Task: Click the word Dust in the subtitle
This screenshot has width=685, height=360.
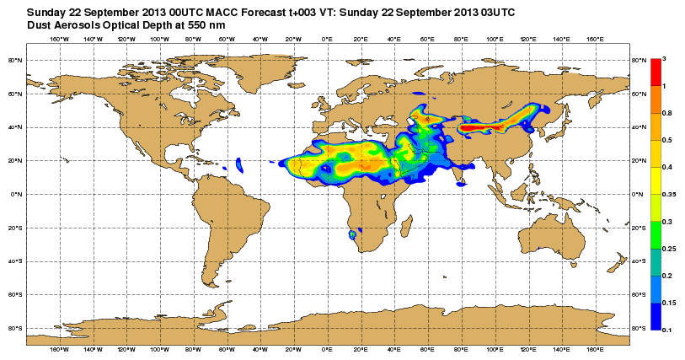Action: (41, 25)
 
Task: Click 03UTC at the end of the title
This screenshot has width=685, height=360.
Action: (496, 12)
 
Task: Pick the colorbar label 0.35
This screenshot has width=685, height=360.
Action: (667, 194)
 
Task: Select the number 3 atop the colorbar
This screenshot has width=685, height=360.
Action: (664, 58)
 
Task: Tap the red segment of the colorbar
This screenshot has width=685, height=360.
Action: (655, 72)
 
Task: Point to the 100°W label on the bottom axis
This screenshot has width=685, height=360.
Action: (159, 348)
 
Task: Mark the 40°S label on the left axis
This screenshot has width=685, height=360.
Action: (14, 261)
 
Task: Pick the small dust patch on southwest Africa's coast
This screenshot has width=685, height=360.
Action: (351, 235)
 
